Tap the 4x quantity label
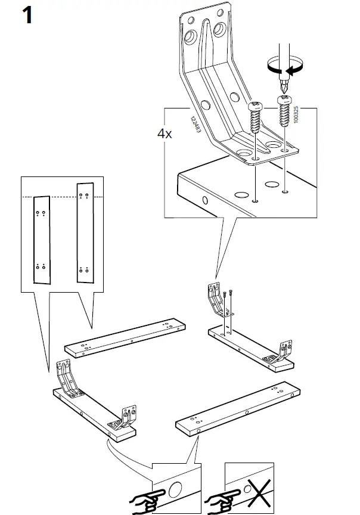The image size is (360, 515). [x=165, y=134]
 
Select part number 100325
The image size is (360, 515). [x=296, y=115]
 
